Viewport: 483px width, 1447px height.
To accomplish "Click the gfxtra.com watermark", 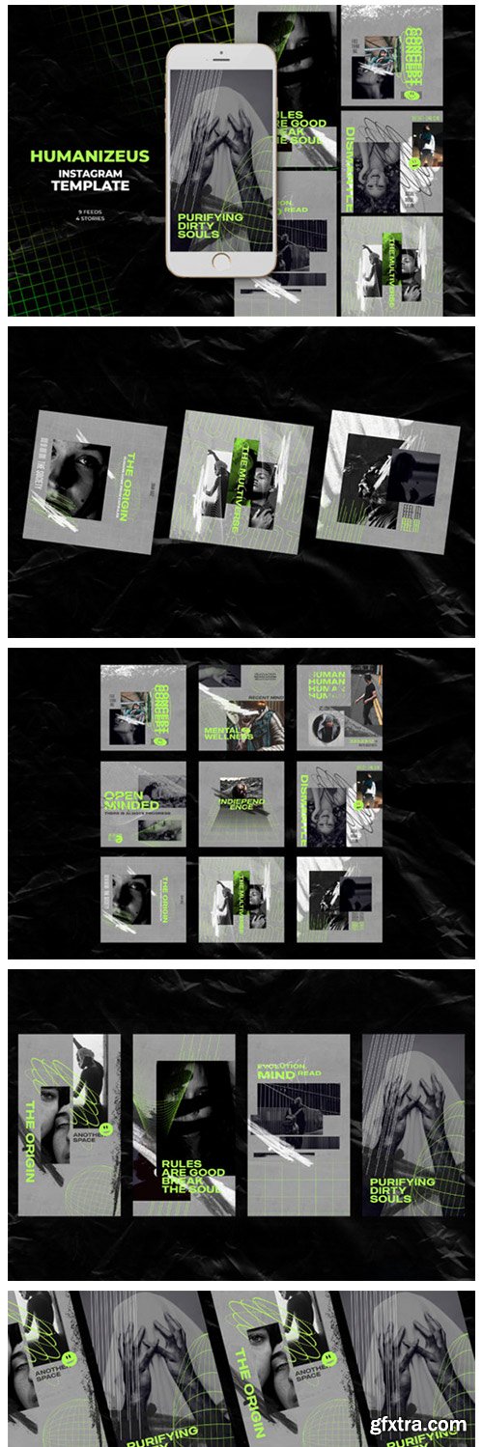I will click(x=424, y=1425).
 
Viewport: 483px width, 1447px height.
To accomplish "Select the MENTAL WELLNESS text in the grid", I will click(x=228, y=735).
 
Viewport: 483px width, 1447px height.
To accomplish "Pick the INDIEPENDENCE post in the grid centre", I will click(x=241, y=803).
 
